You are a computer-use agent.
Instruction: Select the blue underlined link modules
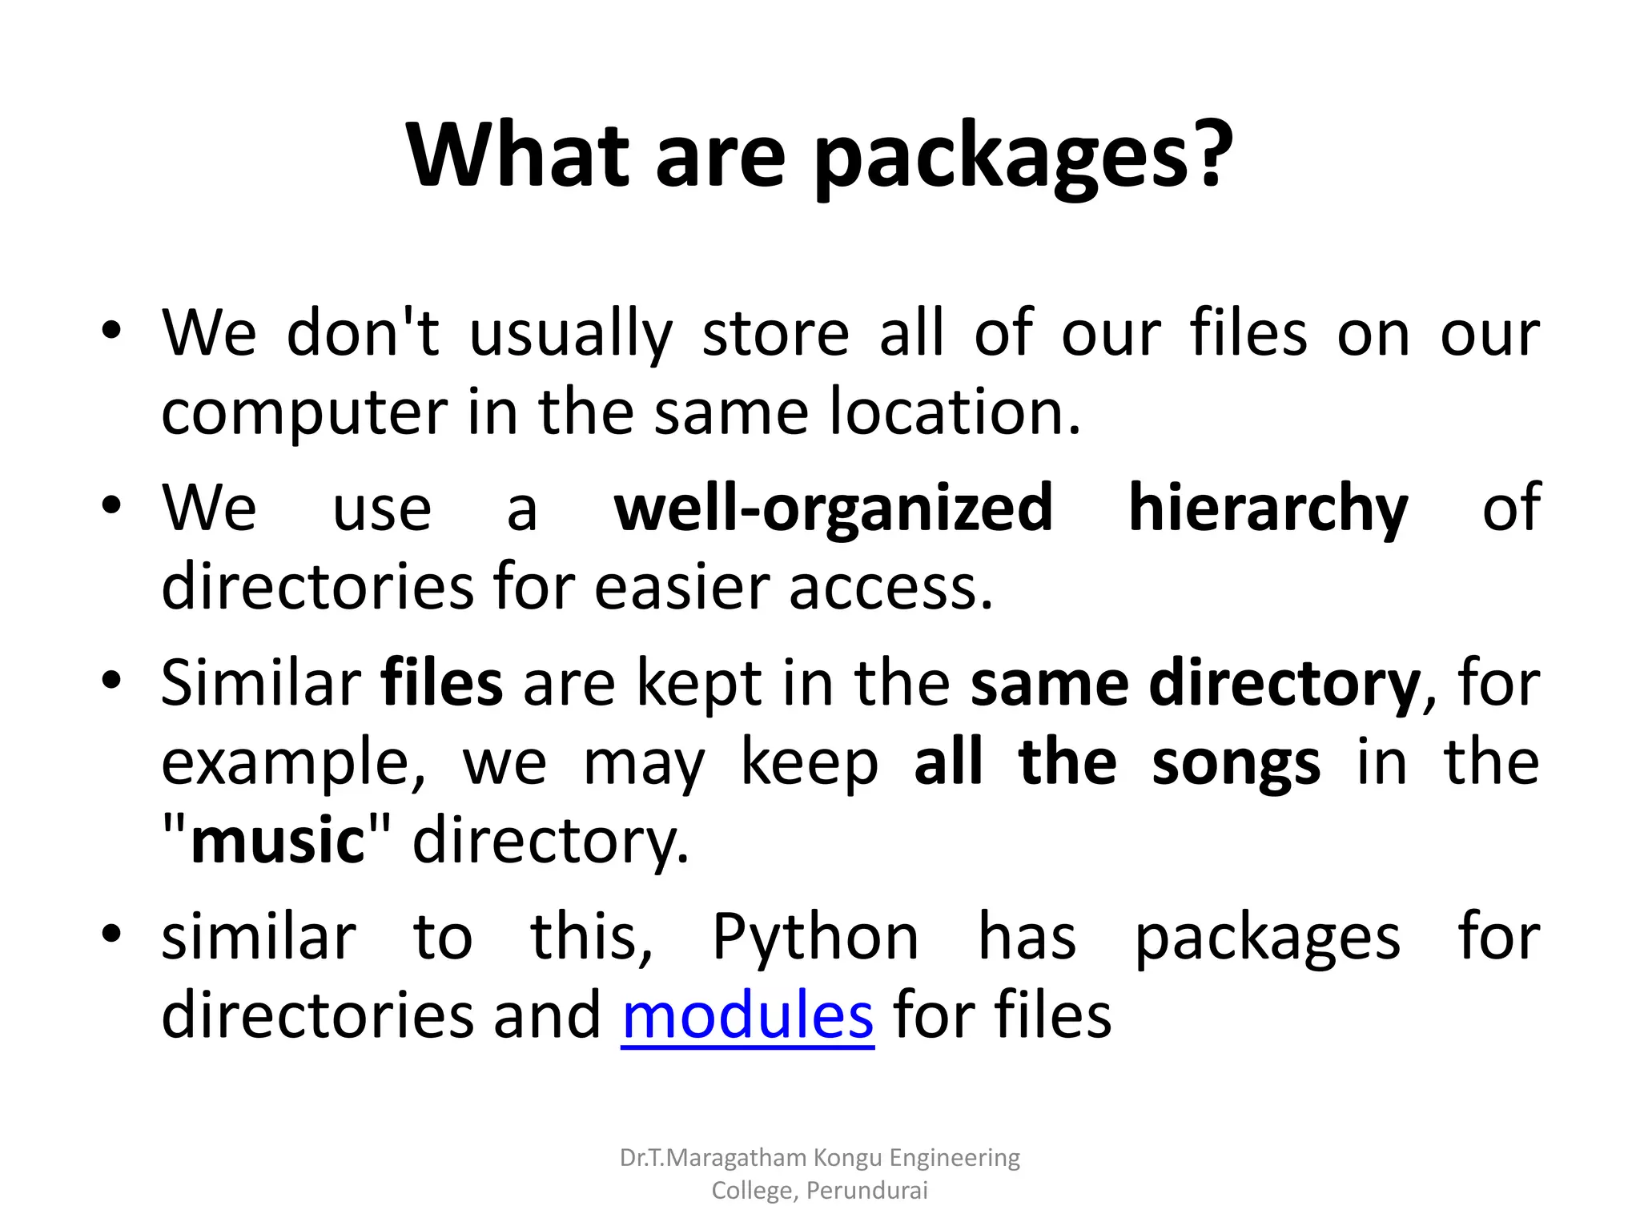[747, 1015]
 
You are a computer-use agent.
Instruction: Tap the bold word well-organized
[833, 509]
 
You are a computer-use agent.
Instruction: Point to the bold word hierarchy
[1268, 509]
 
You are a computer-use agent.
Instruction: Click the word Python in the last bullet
[815, 937]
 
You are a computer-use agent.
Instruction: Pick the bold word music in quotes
[278, 841]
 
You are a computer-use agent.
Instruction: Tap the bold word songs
[1236, 762]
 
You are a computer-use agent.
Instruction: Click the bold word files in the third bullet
[442, 683]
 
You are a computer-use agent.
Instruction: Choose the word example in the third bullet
[293, 762]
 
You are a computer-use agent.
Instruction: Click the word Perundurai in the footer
[866, 1191]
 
